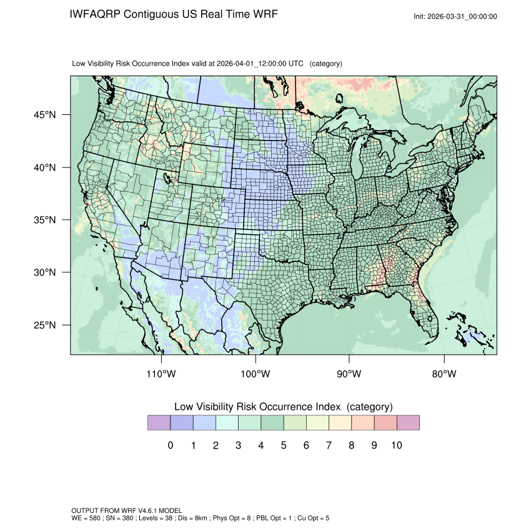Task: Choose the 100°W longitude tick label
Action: click(x=256, y=374)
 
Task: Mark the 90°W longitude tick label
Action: click(x=349, y=374)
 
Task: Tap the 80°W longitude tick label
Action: click(x=444, y=374)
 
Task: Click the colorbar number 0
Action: click(x=171, y=445)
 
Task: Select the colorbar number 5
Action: click(x=284, y=445)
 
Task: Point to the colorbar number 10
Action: click(x=396, y=445)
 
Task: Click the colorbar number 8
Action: click(x=351, y=445)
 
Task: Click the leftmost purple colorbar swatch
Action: click(x=159, y=423)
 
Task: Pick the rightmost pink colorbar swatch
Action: click(x=407, y=423)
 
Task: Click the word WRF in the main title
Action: click(x=265, y=14)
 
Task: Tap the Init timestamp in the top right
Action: click(x=455, y=16)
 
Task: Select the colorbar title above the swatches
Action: click(x=283, y=407)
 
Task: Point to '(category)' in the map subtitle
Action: click(x=326, y=64)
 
